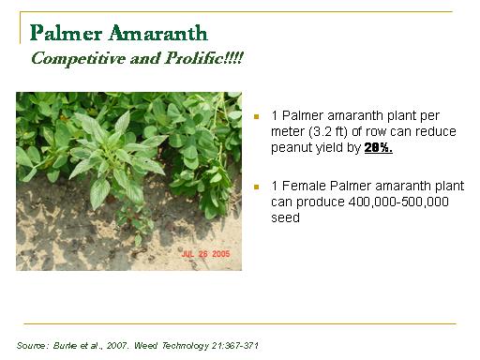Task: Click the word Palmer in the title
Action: [66, 33]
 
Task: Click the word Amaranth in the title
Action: [158, 33]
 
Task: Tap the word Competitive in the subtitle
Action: [78, 58]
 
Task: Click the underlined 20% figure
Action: [379, 147]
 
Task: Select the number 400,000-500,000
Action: [398, 202]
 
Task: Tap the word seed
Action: [285, 217]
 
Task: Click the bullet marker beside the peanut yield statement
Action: [257, 117]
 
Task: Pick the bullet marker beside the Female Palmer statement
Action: [257, 187]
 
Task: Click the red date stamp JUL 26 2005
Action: [205, 254]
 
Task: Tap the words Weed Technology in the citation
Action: [172, 346]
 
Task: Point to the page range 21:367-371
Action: [235, 346]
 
